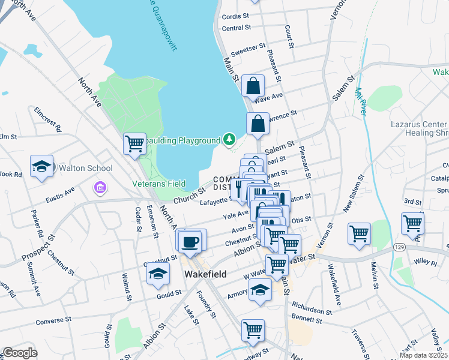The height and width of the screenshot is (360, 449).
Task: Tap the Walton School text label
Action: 83,168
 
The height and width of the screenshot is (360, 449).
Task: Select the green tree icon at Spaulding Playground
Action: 228,140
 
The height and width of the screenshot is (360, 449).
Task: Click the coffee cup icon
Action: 191,241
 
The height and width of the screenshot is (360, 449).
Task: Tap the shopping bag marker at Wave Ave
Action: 253,86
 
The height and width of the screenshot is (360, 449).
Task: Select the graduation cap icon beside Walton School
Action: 41,167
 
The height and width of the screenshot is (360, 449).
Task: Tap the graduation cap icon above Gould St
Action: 158,274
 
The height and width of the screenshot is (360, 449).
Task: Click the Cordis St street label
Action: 235,16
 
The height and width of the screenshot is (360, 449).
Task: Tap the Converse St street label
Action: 54,321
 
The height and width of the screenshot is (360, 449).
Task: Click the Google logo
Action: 20,353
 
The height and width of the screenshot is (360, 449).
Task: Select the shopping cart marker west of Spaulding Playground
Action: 134,143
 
